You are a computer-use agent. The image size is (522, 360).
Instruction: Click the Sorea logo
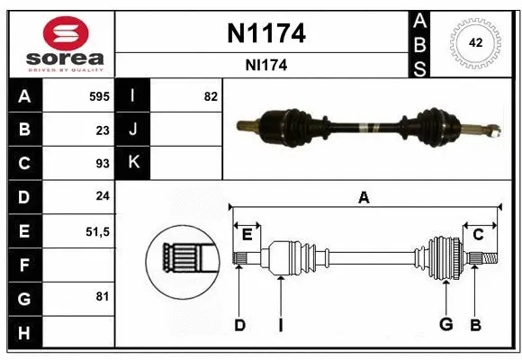(x=60, y=43)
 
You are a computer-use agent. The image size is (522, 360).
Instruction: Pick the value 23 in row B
(x=103, y=130)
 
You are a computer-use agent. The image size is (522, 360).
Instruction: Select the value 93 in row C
(x=103, y=163)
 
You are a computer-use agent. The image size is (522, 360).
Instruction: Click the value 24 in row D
(x=103, y=196)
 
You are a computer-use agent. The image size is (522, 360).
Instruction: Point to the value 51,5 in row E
(x=97, y=230)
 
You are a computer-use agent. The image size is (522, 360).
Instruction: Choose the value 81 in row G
(x=103, y=296)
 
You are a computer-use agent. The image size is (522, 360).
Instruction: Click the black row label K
(x=133, y=163)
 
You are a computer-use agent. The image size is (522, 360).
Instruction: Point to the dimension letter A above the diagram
(x=364, y=197)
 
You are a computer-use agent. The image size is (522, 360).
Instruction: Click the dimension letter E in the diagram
(x=247, y=234)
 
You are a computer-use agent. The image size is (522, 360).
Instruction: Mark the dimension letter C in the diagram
(x=478, y=234)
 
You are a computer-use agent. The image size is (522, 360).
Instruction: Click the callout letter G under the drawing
(x=444, y=325)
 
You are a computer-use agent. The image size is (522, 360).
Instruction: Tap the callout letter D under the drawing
(x=239, y=325)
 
